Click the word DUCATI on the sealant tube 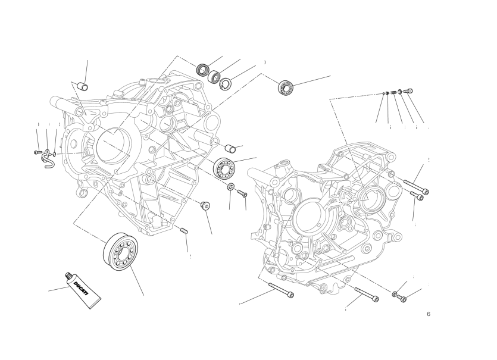(81, 289)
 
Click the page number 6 (429, 314)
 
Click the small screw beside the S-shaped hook (37, 153)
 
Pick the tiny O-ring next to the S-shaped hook (55, 154)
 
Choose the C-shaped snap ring (226, 83)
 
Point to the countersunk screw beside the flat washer (242, 193)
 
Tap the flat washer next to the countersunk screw (231, 187)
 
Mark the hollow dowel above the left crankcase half (83, 86)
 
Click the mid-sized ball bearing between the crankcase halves (224, 167)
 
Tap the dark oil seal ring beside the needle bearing (202, 70)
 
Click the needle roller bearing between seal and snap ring (215, 76)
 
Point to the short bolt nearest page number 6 (402, 298)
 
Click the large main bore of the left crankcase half (113, 146)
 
